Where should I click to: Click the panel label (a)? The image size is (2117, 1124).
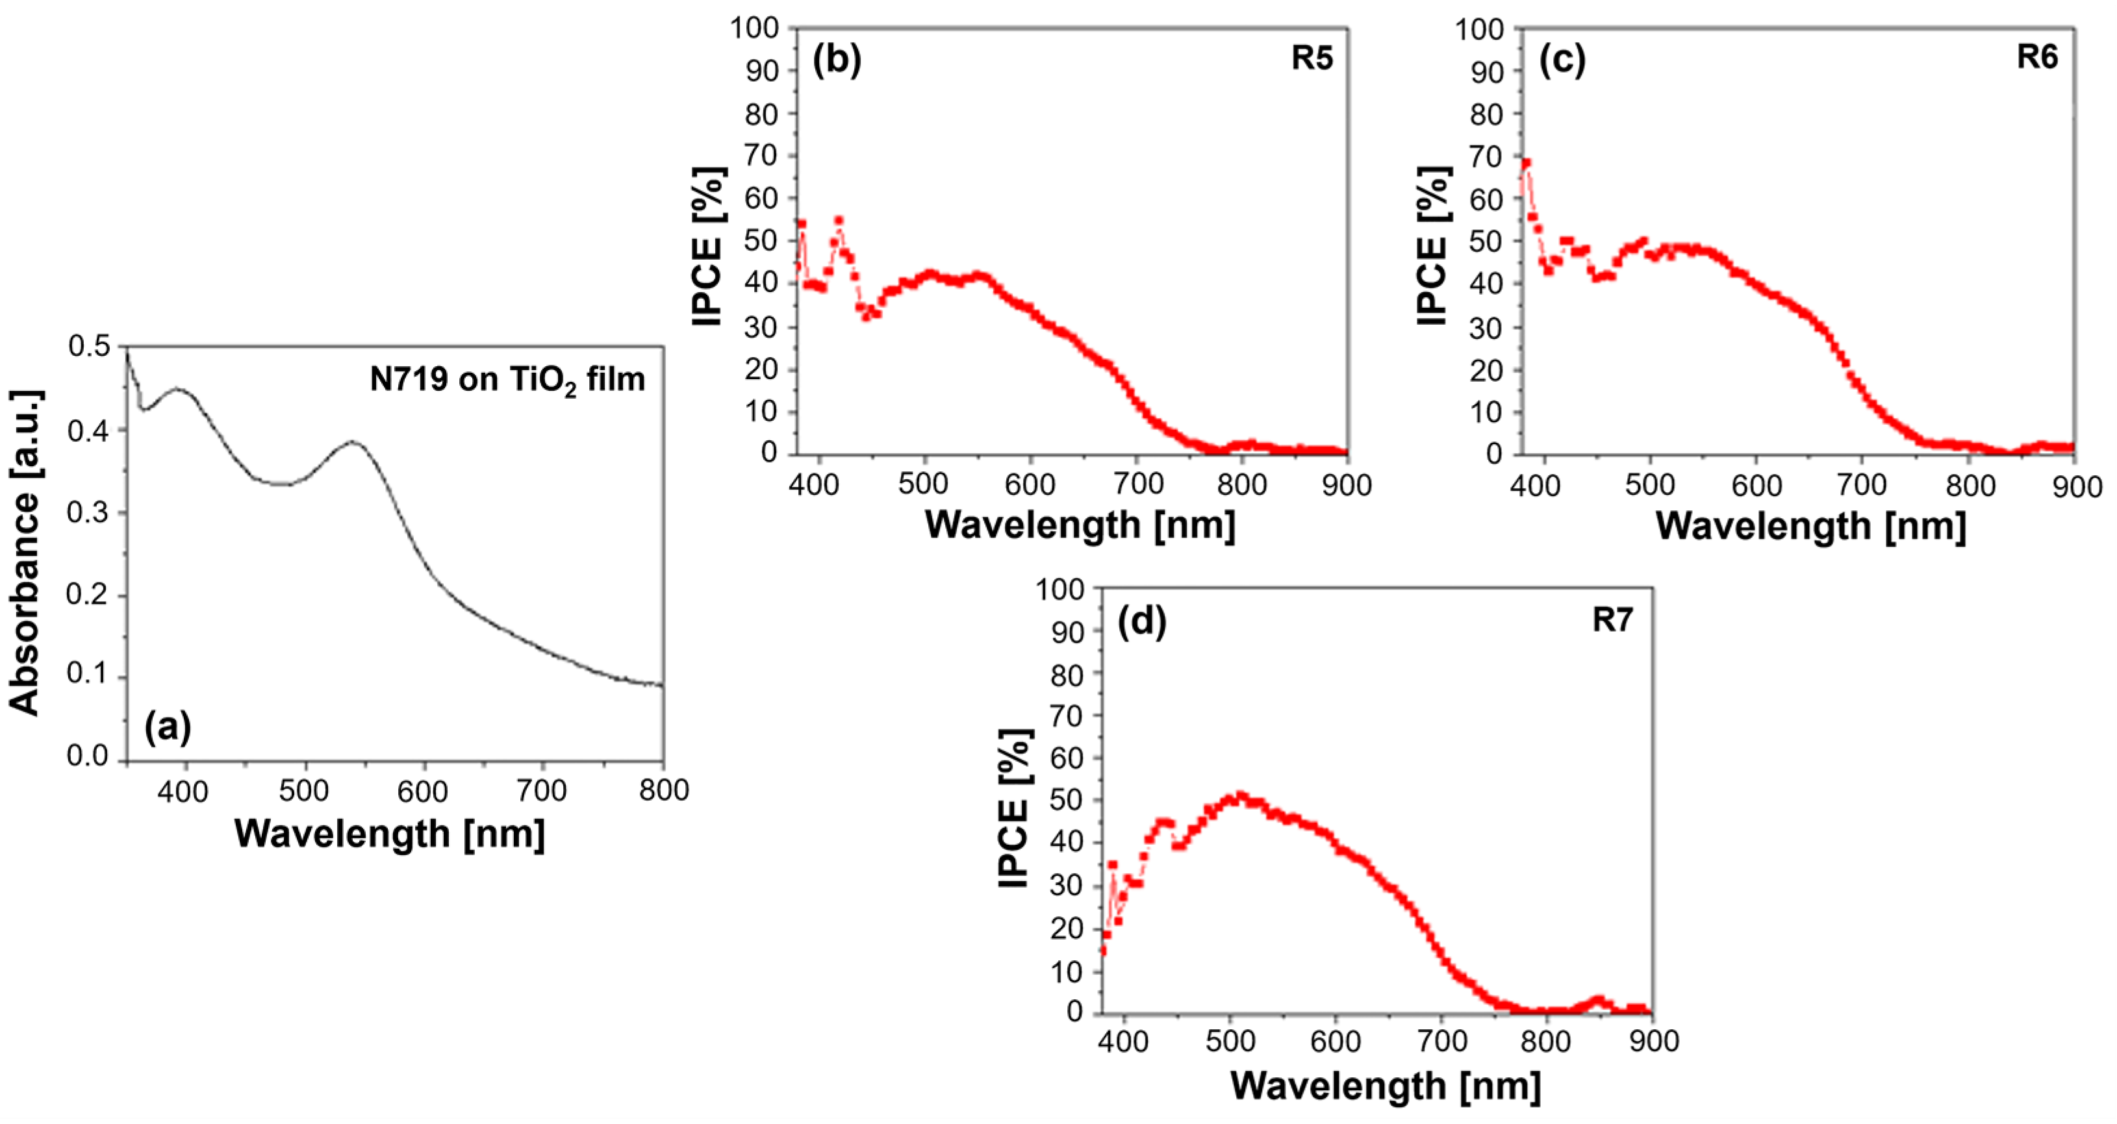click(168, 727)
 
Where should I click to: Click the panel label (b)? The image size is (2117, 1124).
click(837, 59)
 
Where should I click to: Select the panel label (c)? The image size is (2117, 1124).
click(1562, 59)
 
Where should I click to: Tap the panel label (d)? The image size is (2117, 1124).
click(1141, 621)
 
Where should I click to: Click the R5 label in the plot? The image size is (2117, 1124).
click(1312, 58)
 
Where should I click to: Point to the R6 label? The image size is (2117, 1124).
click(2037, 58)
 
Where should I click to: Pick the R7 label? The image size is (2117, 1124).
click(1612, 619)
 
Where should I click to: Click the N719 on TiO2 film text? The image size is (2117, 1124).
click(507, 380)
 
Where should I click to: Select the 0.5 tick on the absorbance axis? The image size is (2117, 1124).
click(89, 347)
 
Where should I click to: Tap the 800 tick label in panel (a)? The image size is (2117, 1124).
click(663, 790)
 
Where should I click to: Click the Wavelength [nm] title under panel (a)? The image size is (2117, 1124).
click(390, 834)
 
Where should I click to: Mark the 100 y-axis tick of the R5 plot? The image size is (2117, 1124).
click(754, 28)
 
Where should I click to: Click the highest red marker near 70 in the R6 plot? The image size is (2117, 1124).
click(1526, 164)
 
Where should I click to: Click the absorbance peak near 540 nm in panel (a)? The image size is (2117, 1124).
click(353, 442)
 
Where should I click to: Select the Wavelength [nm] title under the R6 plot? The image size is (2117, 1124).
click(1810, 526)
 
